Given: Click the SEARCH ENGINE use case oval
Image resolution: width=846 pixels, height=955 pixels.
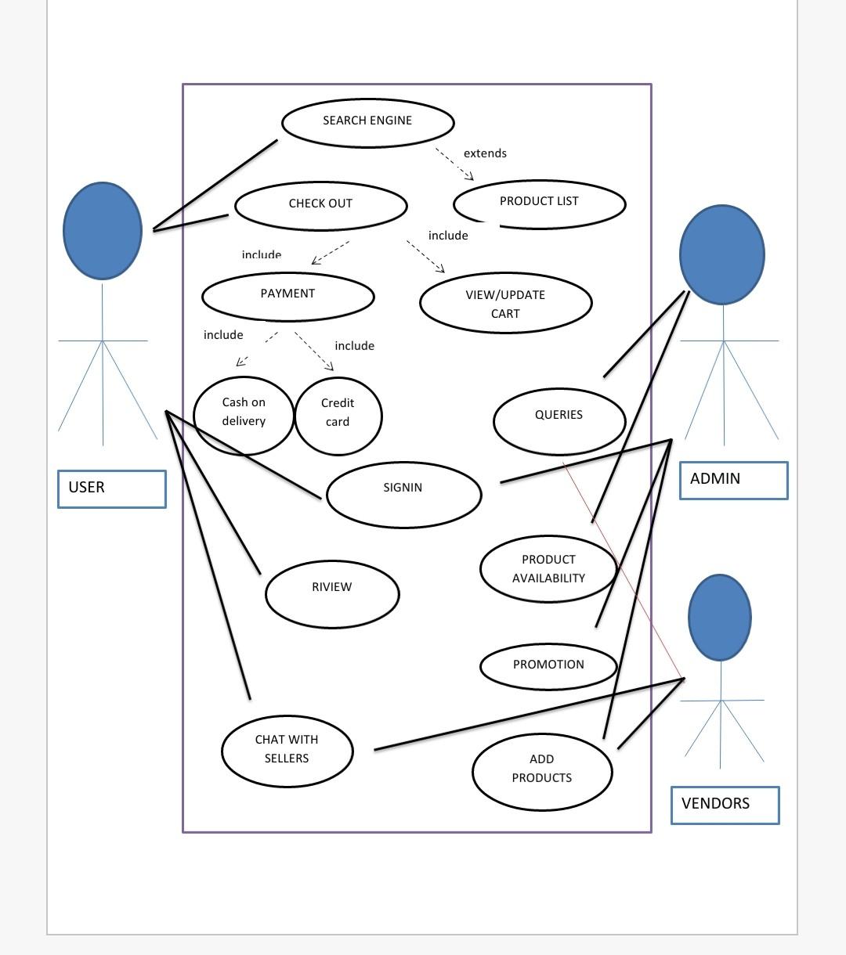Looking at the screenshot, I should pyautogui.click(x=367, y=122).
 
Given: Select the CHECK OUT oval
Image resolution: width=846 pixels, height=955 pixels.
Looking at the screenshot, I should pyautogui.click(x=320, y=205).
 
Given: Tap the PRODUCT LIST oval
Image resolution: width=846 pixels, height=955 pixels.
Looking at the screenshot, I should pyautogui.click(x=539, y=203).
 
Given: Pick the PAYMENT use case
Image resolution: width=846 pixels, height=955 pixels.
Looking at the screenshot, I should pyautogui.click(x=287, y=296).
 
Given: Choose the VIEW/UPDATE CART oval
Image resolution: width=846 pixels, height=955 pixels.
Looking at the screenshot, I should pyautogui.click(x=505, y=304).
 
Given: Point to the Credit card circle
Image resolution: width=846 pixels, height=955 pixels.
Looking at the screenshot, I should pyautogui.click(x=338, y=415).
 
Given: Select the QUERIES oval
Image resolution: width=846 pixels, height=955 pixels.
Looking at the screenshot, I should pyautogui.click(x=559, y=420).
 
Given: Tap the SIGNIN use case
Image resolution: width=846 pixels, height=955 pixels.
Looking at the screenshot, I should pyautogui.click(x=403, y=493).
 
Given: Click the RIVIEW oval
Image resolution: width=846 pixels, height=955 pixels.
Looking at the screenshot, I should pyautogui.click(x=332, y=593).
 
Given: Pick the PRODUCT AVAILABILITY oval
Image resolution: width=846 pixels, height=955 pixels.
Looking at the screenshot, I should pyautogui.click(x=548, y=569).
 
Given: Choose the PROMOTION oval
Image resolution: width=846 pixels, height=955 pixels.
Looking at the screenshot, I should pyautogui.click(x=548, y=666).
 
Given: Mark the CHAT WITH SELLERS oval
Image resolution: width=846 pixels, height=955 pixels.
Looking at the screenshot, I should pyautogui.click(x=287, y=750).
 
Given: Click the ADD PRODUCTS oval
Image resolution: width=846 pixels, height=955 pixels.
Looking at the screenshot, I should pyautogui.click(x=541, y=770).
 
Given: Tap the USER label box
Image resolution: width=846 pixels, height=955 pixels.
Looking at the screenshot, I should pyautogui.click(x=111, y=488).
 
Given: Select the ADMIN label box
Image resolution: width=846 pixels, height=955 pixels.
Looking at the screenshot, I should pyautogui.click(x=733, y=480).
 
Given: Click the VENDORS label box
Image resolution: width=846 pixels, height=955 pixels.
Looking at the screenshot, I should pyautogui.click(x=725, y=805).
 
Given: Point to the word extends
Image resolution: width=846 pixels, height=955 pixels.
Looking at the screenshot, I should pyautogui.click(x=485, y=153).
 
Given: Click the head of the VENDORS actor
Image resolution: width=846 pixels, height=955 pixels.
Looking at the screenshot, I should pyautogui.click(x=719, y=617).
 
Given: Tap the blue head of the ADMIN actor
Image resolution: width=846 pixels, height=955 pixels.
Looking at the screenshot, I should pyautogui.click(x=721, y=254).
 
